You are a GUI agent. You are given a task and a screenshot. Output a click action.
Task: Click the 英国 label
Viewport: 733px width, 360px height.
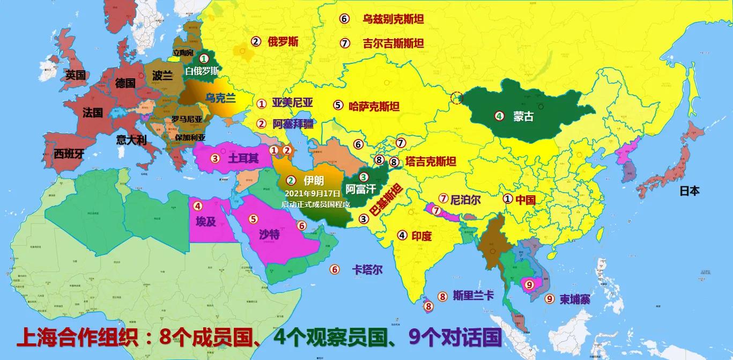pos(76,75)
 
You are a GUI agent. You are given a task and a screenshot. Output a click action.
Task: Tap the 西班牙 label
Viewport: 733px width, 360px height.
pos(69,154)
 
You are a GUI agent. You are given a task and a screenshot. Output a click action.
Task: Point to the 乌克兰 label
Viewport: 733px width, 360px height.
pos(220,98)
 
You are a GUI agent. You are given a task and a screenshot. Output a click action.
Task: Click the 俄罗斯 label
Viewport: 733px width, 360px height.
pos(283,42)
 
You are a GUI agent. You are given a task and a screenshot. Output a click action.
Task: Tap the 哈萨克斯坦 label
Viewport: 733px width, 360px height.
pos(374,106)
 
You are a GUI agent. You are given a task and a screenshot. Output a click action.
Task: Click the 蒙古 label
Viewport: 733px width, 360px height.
pos(523,116)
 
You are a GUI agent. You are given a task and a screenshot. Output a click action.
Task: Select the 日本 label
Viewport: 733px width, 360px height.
pos(690,190)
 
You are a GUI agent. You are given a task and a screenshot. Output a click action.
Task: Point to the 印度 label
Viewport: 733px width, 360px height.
pos(422,235)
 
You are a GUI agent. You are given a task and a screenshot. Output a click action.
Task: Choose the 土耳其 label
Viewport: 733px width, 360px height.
pos(243,159)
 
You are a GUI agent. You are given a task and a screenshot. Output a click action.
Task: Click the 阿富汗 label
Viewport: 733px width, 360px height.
pos(360,188)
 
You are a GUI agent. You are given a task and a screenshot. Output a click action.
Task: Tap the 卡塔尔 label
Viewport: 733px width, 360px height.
pos(367,270)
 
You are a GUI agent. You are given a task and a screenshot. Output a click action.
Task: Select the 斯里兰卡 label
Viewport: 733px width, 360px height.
pos(473,295)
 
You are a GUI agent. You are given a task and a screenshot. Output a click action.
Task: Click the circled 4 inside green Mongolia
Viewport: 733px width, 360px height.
pos(499,115)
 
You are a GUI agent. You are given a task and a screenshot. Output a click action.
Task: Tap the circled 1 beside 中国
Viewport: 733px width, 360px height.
pos(507,199)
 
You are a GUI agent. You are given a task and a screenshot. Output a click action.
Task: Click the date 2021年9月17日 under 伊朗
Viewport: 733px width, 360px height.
pos(313,193)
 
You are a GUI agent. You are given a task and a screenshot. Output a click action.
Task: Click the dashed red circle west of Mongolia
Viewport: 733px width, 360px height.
pos(457,98)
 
